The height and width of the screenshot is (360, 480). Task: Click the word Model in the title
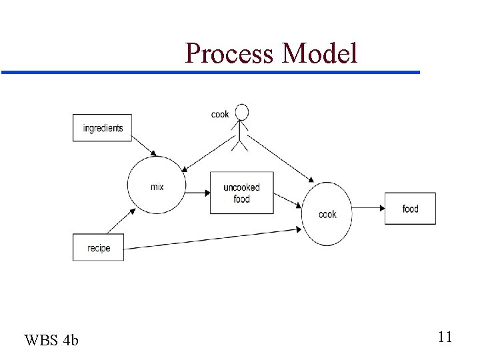[x=320, y=53]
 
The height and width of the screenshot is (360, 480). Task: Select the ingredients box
[x=102, y=128]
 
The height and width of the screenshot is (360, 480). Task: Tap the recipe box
[x=99, y=248]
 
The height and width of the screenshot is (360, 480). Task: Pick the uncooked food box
[x=241, y=193]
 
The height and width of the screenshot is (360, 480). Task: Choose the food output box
[x=410, y=209]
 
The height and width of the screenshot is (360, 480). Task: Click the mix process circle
[x=156, y=186]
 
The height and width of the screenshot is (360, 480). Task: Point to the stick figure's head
[x=242, y=111]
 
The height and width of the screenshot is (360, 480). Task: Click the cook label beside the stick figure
[x=220, y=114]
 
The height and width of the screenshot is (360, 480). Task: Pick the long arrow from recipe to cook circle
[x=213, y=239]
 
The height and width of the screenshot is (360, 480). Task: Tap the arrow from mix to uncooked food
[x=196, y=193]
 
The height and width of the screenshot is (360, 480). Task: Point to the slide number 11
[x=445, y=337]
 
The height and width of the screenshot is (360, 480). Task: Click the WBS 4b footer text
[x=51, y=341]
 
